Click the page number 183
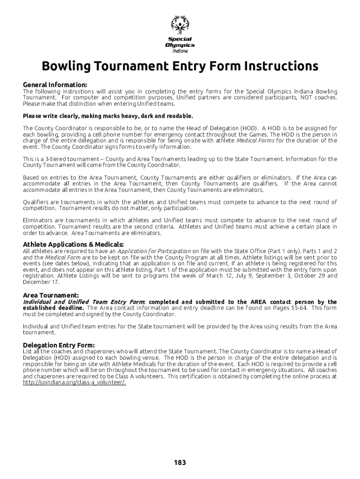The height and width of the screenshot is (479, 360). [x=180, y=463]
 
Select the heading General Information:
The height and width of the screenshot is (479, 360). [x=55, y=85]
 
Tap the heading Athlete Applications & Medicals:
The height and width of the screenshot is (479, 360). [x=73, y=244]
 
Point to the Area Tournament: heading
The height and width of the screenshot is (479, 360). [x=50, y=295]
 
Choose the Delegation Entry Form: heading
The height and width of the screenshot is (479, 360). [x=58, y=345]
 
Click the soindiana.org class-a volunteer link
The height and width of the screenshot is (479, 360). [x=74, y=382]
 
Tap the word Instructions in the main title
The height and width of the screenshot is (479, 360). [x=280, y=66]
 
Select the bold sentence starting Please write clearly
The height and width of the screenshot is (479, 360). [x=108, y=116]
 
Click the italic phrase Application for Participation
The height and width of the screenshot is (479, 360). [x=154, y=251]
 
